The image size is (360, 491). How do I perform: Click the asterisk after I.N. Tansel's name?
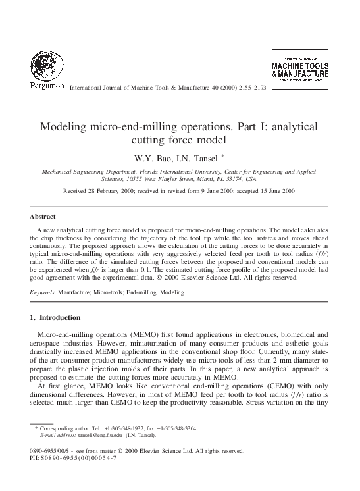pos(223,156)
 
